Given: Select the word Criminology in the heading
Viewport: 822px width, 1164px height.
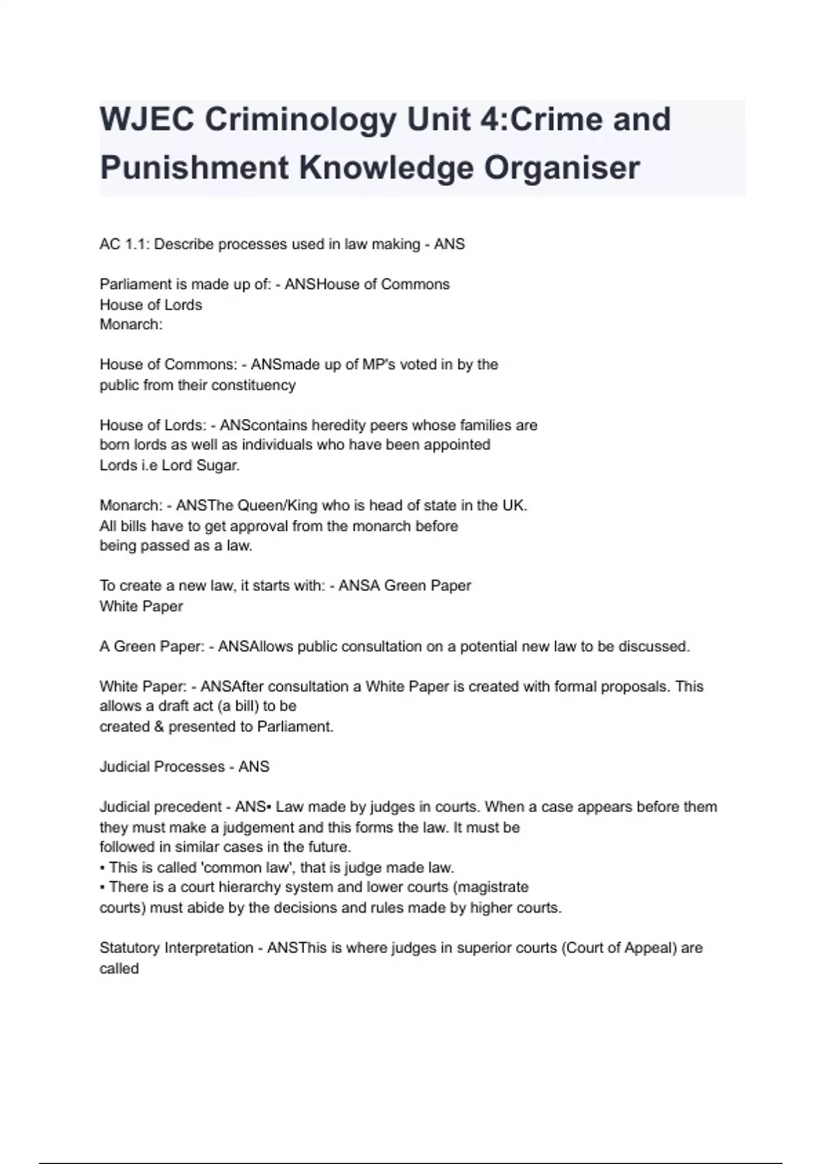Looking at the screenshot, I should click(301, 119).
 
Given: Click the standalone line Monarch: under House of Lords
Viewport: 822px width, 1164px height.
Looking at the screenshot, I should click(131, 325).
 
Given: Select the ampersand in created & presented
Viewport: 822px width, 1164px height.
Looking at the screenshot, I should click(159, 726).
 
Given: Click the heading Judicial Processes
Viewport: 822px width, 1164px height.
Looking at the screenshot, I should click(162, 767).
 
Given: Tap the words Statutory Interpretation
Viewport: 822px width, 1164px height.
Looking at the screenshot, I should click(176, 948).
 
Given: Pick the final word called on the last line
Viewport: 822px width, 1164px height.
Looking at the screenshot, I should click(119, 969).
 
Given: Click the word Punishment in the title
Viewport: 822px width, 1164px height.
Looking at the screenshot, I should click(194, 168).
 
